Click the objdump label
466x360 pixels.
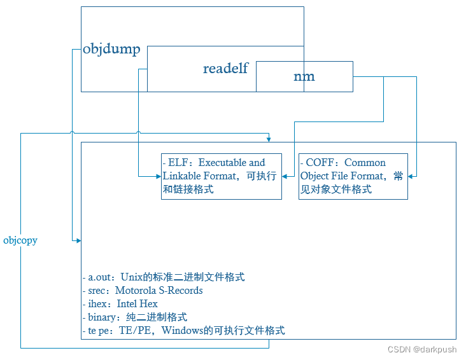click(x=111, y=50)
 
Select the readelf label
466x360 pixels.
click(x=225, y=69)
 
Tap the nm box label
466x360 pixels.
click(x=304, y=76)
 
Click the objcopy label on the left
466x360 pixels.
click(x=20, y=240)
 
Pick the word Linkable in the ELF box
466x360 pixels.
click(x=182, y=176)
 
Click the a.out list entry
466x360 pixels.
click(x=100, y=277)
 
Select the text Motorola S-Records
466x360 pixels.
click(x=159, y=291)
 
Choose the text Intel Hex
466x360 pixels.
click(x=137, y=304)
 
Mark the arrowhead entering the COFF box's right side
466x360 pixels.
click(x=411, y=176)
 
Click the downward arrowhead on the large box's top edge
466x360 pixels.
click(x=269, y=139)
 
